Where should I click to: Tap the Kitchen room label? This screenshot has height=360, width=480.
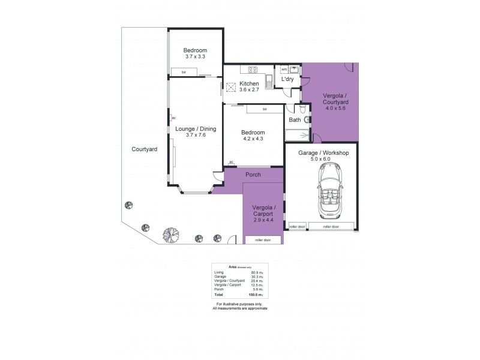point(249,83)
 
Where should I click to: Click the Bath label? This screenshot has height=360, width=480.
point(295,120)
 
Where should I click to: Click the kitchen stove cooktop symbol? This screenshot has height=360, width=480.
point(253,68)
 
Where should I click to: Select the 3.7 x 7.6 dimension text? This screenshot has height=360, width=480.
point(196,135)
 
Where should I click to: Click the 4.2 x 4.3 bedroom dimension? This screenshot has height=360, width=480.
point(253,138)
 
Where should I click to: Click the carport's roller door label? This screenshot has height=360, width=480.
point(263,240)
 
